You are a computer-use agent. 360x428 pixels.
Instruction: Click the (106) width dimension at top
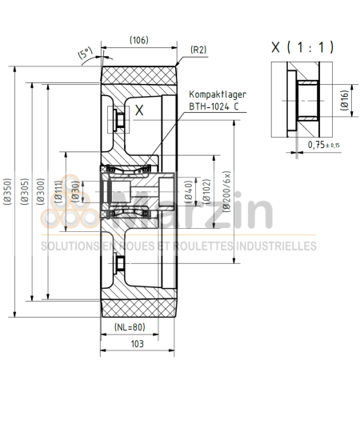coord(139,40)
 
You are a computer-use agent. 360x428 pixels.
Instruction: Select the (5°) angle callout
coord(86,54)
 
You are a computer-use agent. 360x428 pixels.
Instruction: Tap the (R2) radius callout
coord(198,50)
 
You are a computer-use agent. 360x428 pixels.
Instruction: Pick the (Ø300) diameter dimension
coord(42,192)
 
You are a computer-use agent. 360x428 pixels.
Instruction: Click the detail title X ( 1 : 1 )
coord(302,47)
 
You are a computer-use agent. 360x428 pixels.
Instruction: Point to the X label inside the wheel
coord(138,112)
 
